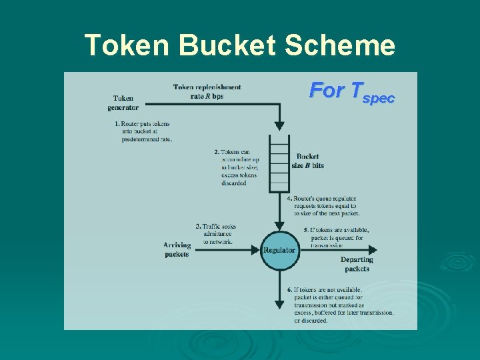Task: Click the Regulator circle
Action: [279, 250]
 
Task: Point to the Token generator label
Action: [126, 103]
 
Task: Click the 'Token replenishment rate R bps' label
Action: [207, 91]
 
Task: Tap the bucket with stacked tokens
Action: [279, 163]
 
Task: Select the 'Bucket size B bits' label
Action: [307, 161]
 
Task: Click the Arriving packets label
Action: [177, 250]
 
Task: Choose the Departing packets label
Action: [357, 264]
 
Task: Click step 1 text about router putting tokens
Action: [143, 131]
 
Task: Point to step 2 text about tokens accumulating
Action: [240, 167]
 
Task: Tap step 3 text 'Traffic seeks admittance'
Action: [215, 234]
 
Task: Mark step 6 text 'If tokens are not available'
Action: [340, 305]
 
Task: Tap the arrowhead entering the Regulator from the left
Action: [254, 250]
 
